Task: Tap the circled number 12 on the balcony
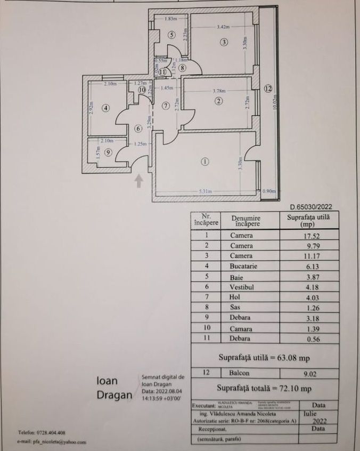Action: click(267, 88)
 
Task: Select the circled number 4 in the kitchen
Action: click(106, 108)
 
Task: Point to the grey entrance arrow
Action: click(138, 182)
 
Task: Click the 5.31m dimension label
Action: click(205, 191)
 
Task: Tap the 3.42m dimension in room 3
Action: click(223, 26)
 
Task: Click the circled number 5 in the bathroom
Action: click(171, 35)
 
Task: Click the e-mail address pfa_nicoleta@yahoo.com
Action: click(51, 442)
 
